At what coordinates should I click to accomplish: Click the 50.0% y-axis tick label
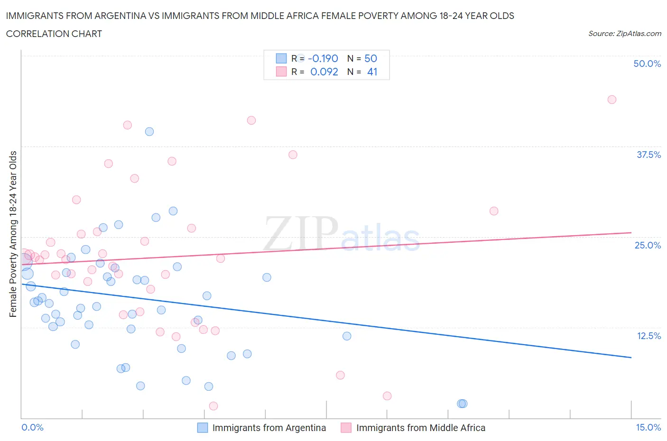point(647,64)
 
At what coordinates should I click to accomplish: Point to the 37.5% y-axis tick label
point(648,155)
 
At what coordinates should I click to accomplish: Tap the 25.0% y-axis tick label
point(648,245)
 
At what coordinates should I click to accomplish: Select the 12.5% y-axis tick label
point(648,336)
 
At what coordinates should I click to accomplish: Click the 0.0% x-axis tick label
point(32,427)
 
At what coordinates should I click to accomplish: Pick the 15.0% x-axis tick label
point(648,427)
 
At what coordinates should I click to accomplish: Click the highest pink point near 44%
point(611,100)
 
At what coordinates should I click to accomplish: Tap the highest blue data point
point(149,132)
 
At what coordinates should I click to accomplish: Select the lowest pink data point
point(213,406)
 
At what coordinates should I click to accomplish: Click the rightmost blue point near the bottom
point(463,404)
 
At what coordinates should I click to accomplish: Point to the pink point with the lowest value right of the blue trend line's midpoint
point(387,396)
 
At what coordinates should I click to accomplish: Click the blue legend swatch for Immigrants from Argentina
point(203,428)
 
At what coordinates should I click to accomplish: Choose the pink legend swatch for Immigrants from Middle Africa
point(346,428)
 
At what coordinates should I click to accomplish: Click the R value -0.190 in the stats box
point(323,58)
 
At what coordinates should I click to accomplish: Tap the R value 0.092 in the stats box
point(324,72)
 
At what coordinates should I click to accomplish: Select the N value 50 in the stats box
point(371,58)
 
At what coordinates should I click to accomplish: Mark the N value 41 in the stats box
point(372,72)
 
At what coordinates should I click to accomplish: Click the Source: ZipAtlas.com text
point(624,33)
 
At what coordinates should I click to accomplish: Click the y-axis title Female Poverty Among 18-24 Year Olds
point(13,234)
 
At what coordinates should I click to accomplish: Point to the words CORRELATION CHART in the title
point(54,34)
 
